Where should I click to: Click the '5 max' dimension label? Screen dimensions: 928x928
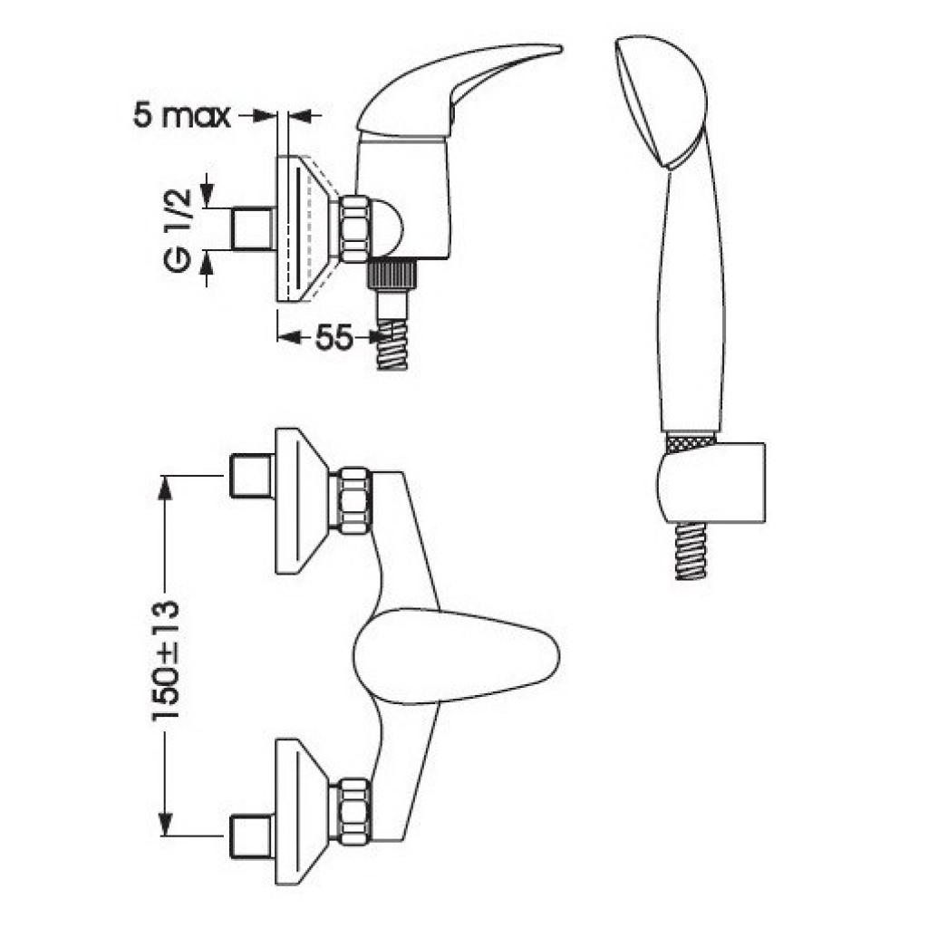pyautogui.click(x=181, y=115)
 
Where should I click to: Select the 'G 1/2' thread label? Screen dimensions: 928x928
pyautogui.click(x=179, y=231)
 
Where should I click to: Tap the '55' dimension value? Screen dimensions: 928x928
pyautogui.click(x=333, y=338)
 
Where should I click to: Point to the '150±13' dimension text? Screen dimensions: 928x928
pyautogui.click(x=167, y=661)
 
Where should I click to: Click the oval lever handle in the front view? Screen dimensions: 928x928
pyautogui.click(x=456, y=656)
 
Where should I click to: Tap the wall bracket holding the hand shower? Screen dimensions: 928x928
pyautogui.click(x=710, y=483)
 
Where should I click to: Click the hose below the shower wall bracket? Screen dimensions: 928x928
pyautogui.click(x=691, y=550)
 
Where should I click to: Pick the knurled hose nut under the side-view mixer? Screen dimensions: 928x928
pyautogui.click(x=391, y=275)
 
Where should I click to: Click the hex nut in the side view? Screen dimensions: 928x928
pyautogui.click(x=355, y=229)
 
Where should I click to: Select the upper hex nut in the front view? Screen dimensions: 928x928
pyautogui.click(x=353, y=499)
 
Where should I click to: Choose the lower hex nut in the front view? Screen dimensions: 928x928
pyautogui.click(x=353, y=811)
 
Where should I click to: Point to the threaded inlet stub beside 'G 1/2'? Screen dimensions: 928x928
pyautogui.click(x=253, y=228)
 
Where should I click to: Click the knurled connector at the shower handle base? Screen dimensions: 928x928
pyautogui.click(x=690, y=442)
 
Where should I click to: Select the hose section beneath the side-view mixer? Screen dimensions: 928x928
pyautogui.click(x=392, y=345)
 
